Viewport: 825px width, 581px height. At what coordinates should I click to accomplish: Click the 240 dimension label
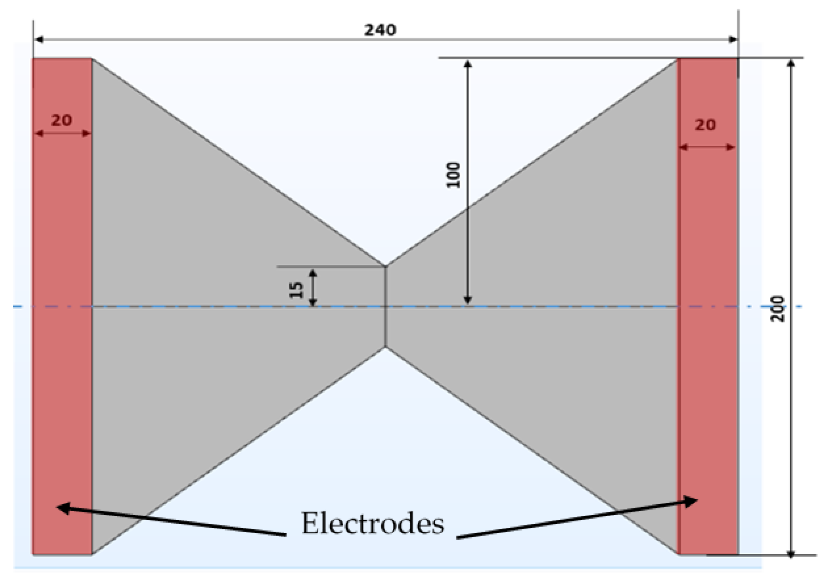click(x=380, y=30)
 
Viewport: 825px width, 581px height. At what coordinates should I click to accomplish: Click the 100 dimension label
click(x=453, y=175)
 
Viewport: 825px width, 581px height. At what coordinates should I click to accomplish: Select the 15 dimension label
click(x=296, y=290)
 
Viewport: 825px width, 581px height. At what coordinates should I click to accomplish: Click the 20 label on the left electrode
click(x=62, y=121)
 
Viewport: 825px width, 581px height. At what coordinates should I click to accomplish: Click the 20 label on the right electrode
click(x=705, y=125)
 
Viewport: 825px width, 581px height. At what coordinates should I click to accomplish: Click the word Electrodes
click(x=372, y=524)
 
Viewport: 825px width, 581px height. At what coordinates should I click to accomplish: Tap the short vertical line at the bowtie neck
click(x=385, y=306)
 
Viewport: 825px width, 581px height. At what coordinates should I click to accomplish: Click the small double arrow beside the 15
click(x=313, y=288)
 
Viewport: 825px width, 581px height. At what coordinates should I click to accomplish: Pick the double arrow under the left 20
click(x=63, y=134)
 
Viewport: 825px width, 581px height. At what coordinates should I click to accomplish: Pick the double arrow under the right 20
click(x=707, y=147)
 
